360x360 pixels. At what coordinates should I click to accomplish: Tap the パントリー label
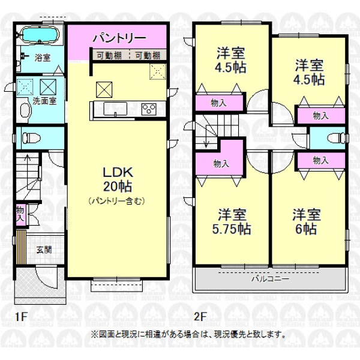pyautogui.click(x=119, y=38)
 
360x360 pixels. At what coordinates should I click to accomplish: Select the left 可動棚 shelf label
pyautogui.click(x=109, y=56)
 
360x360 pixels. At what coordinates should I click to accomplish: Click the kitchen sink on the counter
pyautogui.click(x=115, y=109)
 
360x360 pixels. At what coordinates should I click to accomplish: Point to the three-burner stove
pyautogui.click(x=149, y=109)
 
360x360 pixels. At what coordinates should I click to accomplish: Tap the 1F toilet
pyautogui.click(x=31, y=138)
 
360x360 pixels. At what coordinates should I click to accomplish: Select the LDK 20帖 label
pyautogui.click(x=118, y=179)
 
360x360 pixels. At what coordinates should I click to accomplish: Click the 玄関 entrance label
pyautogui.click(x=44, y=250)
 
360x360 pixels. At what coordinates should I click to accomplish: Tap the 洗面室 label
pyautogui.click(x=44, y=101)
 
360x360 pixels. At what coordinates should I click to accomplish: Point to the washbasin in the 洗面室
pyautogui.click(x=25, y=110)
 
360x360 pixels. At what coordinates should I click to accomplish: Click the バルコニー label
pyautogui.click(x=271, y=279)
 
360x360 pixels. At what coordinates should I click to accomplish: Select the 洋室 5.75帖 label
pyautogui.click(x=232, y=221)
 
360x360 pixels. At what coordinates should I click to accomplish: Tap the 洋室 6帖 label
pyautogui.click(x=306, y=221)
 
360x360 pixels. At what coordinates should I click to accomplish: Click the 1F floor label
pyautogui.click(x=21, y=317)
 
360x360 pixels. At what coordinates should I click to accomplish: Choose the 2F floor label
pyautogui.click(x=199, y=317)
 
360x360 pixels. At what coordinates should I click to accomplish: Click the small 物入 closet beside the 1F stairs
pyautogui.click(x=20, y=214)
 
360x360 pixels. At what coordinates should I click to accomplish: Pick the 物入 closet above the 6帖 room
pyautogui.click(x=321, y=160)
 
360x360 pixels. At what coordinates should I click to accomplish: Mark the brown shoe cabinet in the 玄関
pyautogui.click(x=21, y=247)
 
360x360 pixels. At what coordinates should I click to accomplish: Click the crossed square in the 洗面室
pyautogui.click(x=48, y=87)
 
